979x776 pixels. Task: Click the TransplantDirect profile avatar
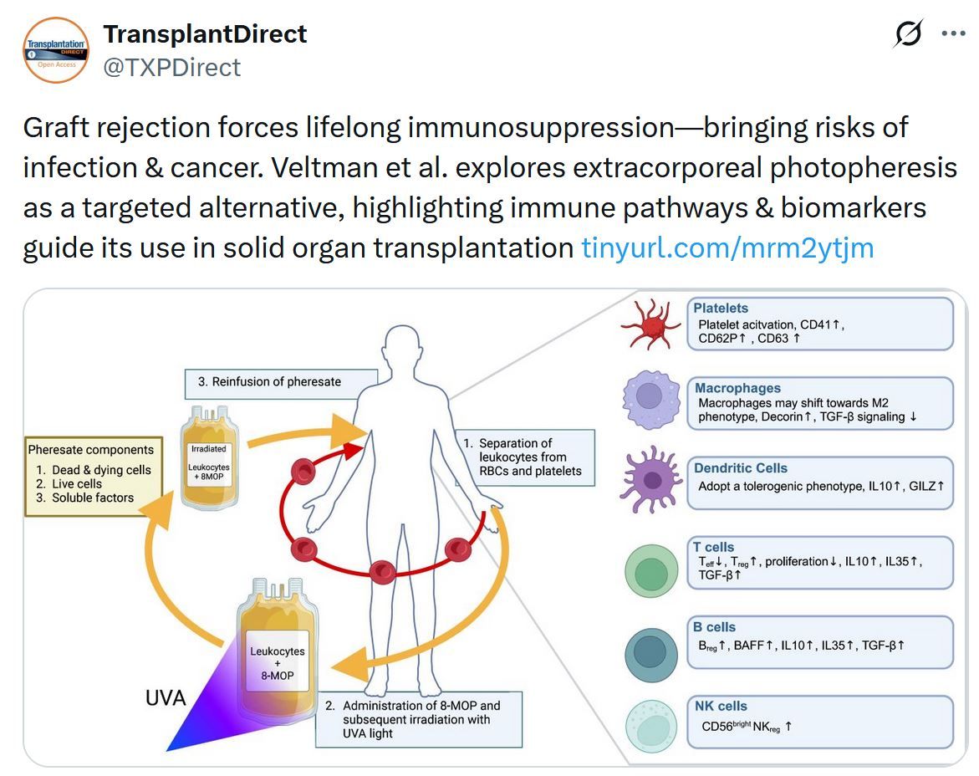point(56,50)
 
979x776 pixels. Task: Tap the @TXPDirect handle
point(171,67)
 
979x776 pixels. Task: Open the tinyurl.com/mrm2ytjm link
point(727,248)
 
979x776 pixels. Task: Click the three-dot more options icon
point(953,34)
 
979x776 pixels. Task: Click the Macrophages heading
point(737,388)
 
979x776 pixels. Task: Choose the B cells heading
point(715,627)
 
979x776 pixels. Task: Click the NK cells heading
point(721,707)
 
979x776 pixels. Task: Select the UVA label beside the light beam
point(166,698)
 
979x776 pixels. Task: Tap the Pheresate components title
point(91,450)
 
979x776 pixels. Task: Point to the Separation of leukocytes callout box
point(525,457)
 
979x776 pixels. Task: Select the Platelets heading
point(721,309)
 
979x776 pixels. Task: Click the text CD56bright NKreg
point(747,727)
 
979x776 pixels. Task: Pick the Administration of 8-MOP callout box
point(419,719)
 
